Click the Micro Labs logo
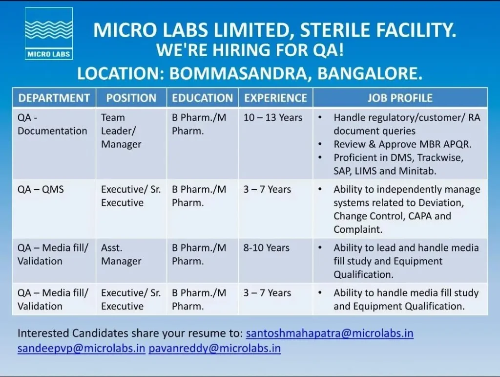49,34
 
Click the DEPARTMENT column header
54,98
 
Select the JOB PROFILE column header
400,98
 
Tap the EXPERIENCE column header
275,98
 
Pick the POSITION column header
131,98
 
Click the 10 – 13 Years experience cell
272,118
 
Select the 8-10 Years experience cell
266,248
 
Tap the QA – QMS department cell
41,190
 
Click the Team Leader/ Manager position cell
121,131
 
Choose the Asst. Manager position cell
121,254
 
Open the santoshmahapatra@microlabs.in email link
330,333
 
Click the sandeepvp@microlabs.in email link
82,348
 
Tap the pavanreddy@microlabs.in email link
215,348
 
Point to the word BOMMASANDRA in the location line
240,74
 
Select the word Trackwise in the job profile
440,158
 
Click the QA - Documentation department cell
52,125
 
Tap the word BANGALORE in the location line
370,74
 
